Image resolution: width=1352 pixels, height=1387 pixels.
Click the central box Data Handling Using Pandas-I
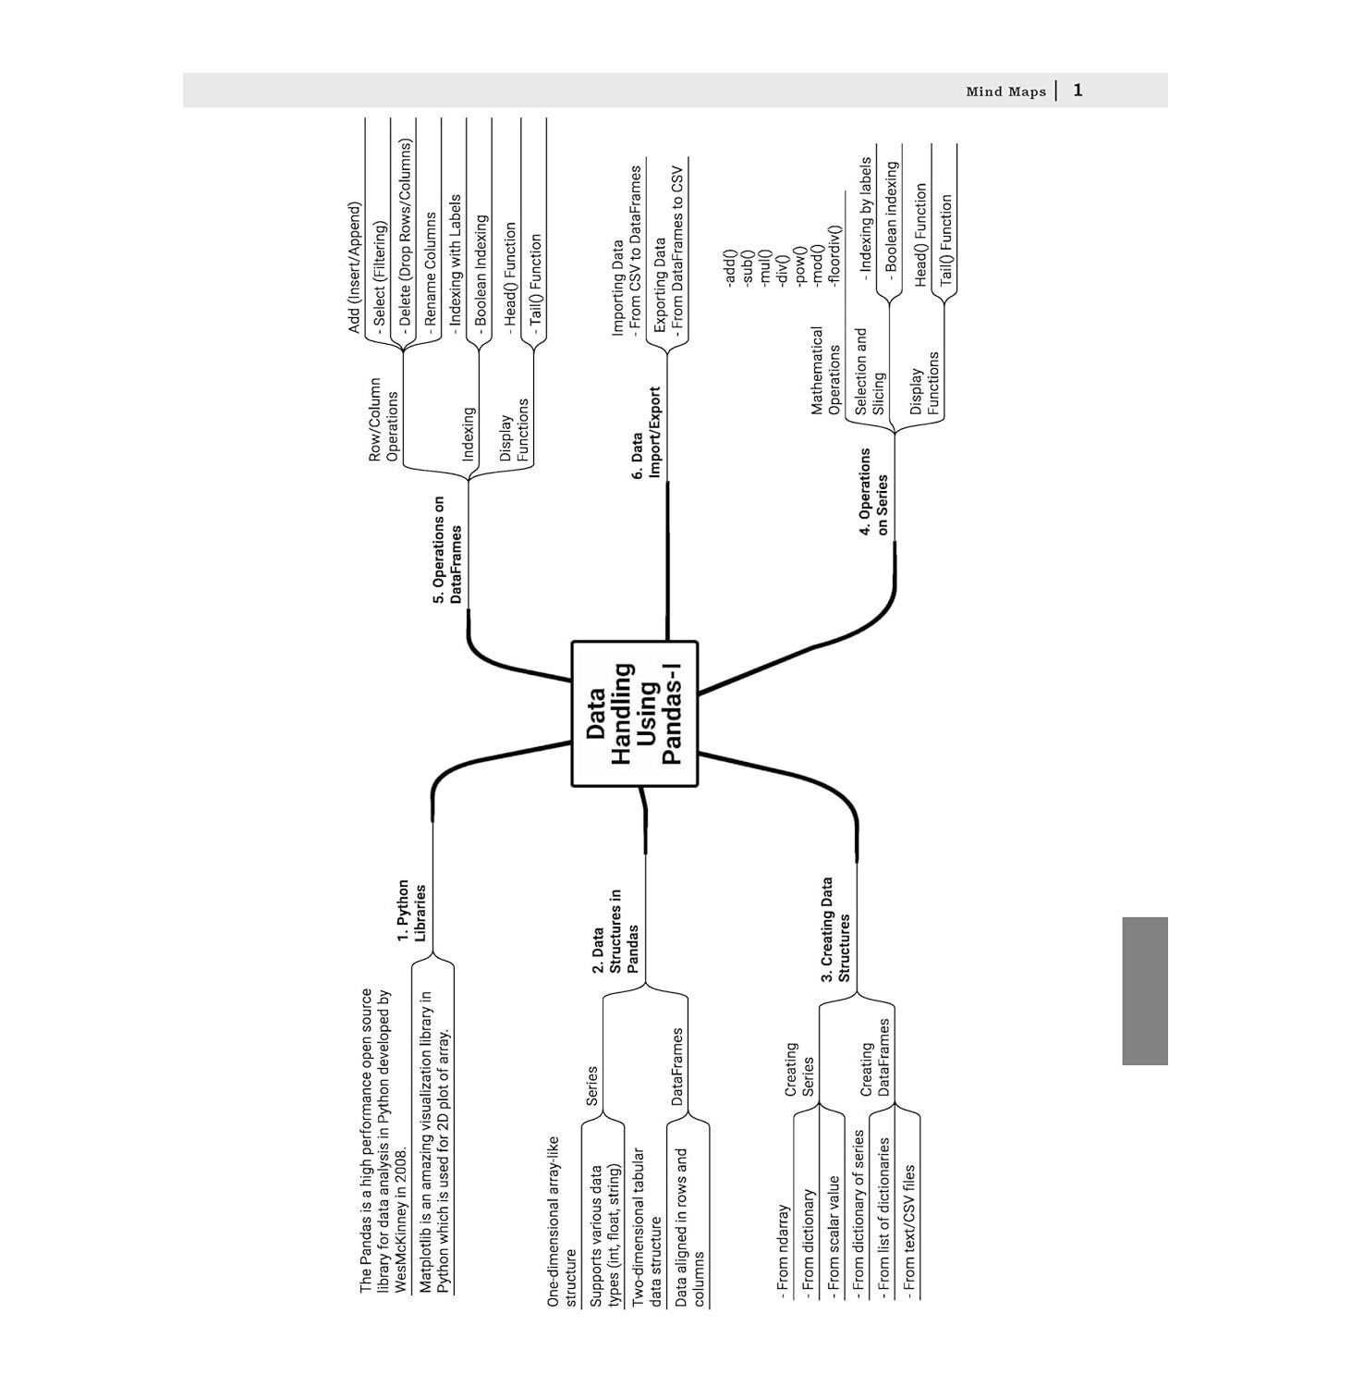635,714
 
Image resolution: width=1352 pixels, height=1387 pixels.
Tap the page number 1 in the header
1078,91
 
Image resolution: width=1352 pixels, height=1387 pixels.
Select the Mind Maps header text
1005,92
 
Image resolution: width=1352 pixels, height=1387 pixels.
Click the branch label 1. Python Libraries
411,912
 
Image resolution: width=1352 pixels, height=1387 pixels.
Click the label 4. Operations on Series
873,491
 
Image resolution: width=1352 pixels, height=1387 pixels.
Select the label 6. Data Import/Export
647,435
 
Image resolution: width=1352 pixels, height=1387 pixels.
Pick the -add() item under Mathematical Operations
728,267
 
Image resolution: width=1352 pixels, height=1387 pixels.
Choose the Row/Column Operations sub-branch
384,419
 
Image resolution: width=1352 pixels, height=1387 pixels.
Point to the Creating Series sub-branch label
799,1070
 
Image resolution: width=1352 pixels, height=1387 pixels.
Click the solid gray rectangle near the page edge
1145,990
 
